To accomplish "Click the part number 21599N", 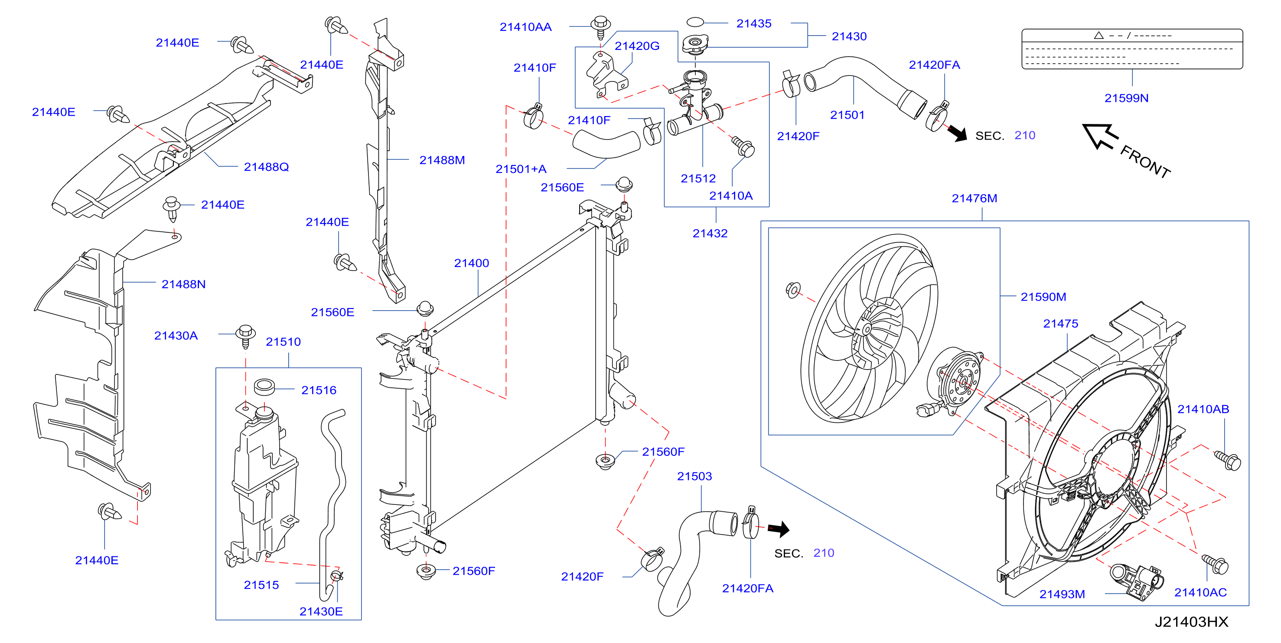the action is point(1126,98).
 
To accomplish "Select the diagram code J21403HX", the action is point(1192,622).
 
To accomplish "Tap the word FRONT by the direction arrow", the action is point(1145,162).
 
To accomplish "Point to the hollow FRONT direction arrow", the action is point(1099,136).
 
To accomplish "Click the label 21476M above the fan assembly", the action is point(974,198).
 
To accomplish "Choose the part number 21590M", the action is point(1043,297).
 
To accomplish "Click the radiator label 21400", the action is point(471,263).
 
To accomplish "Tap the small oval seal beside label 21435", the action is point(695,22).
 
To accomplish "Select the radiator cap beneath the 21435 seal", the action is point(695,45).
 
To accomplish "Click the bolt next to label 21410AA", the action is point(601,26).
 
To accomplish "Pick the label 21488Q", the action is point(266,167).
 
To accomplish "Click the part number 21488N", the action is point(183,284).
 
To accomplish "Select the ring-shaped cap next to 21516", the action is point(264,386).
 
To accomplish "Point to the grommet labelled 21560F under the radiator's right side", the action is point(605,461).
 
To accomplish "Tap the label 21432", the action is point(710,233).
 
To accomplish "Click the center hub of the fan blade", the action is point(866,329).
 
